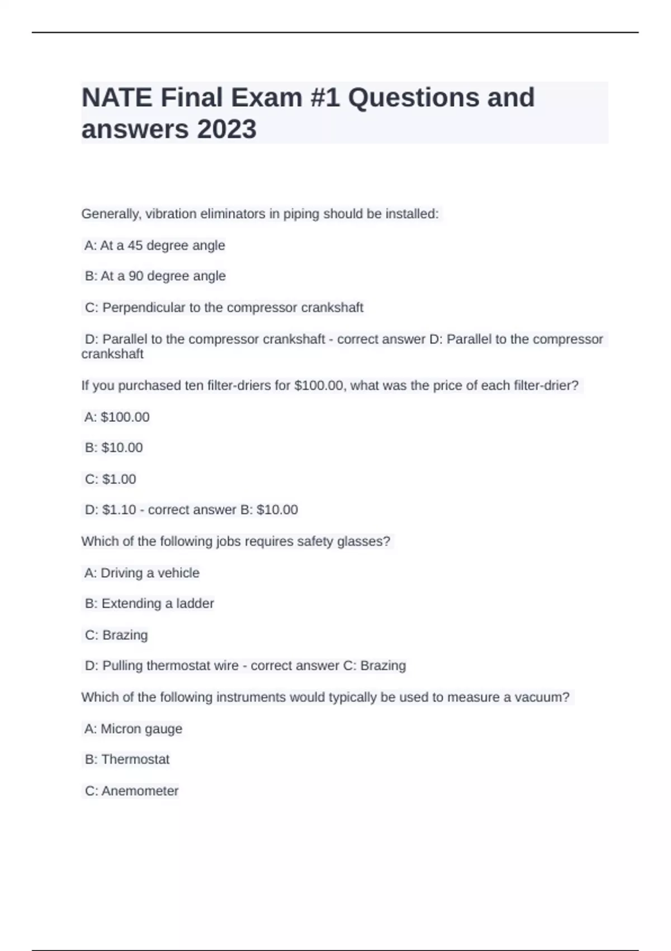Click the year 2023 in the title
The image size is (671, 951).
click(x=226, y=129)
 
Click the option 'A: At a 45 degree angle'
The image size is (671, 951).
click(x=154, y=246)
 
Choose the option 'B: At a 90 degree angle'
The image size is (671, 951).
click(x=155, y=276)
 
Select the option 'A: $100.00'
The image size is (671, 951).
click(x=117, y=417)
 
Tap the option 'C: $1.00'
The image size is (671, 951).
click(x=110, y=479)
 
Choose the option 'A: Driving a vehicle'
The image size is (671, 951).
click(x=142, y=573)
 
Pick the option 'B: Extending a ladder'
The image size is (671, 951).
click(x=149, y=604)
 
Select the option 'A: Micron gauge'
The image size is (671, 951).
click(x=133, y=729)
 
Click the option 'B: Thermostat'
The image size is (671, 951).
click(x=127, y=760)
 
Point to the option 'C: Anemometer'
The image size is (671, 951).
click(x=131, y=791)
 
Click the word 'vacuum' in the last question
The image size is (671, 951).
click(x=537, y=698)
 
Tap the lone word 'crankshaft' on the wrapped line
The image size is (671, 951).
click(x=112, y=354)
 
